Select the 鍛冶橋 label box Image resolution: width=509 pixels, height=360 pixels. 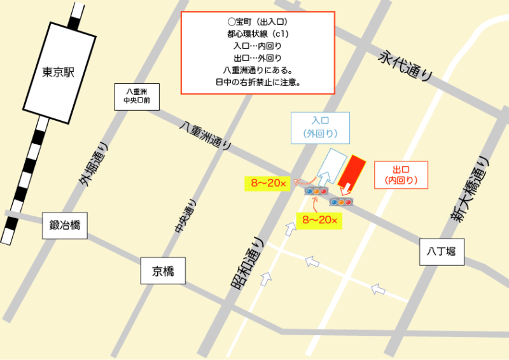64,225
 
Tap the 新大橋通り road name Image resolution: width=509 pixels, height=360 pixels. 471,188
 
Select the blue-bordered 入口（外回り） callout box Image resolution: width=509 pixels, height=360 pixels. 319,127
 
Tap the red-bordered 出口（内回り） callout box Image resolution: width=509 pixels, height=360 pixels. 401,175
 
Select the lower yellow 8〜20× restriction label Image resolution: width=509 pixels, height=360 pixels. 319,221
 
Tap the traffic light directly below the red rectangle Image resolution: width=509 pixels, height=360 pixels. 341,202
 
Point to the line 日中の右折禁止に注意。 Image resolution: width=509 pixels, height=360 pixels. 258,82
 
